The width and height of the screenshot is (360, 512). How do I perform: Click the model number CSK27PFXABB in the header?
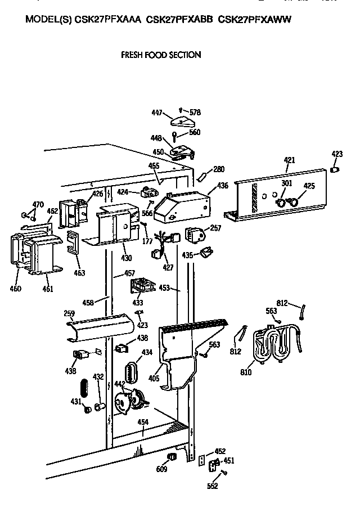coord(178,19)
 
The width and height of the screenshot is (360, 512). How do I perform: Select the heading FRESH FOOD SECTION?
coord(161,55)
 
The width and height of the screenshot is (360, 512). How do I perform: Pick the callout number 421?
coord(289,160)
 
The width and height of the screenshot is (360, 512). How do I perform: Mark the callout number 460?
coord(15,289)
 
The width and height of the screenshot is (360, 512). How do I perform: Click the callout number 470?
coord(38,204)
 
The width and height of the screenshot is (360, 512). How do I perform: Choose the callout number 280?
coord(218,169)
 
